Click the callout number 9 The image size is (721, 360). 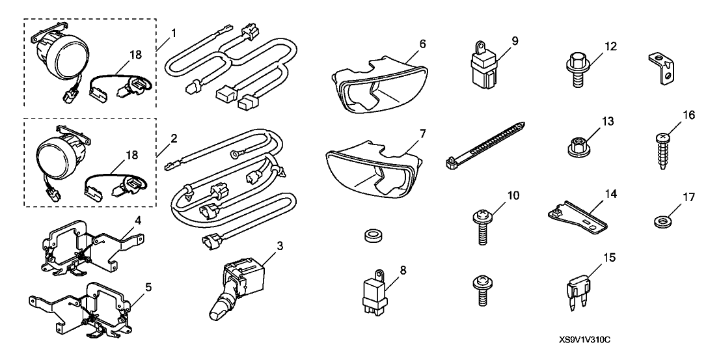tap(514, 41)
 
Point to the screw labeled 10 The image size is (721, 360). tap(482, 225)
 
